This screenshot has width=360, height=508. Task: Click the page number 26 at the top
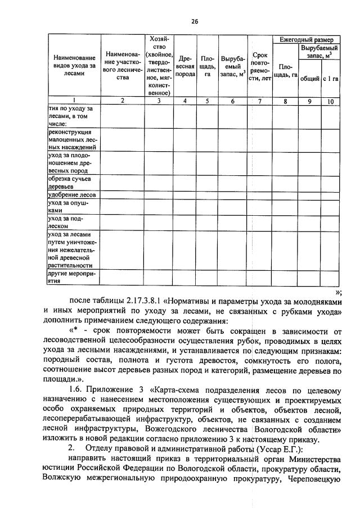point(195,21)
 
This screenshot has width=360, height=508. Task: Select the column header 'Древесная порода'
point(185,66)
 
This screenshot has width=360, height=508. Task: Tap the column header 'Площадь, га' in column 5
point(207,66)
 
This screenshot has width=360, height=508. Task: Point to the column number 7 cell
point(259,101)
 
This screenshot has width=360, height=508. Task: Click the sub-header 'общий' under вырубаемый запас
point(309,79)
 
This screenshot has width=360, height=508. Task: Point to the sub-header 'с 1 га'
point(331,79)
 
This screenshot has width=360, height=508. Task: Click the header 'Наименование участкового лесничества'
point(122,66)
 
